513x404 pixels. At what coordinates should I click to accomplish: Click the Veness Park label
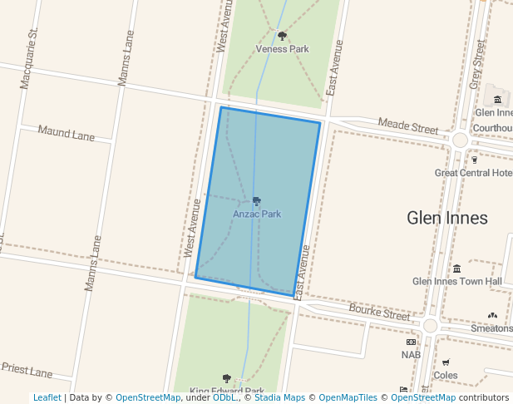[x=282, y=49]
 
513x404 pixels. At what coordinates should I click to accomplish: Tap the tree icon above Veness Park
[x=282, y=36]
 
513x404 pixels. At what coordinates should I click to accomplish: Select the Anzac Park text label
[x=257, y=214]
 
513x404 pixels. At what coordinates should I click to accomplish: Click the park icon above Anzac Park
[x=257, y=201]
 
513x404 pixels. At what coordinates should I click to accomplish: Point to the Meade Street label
[x=407, y=126]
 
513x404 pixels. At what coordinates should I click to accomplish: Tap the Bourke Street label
[x=379, y=313]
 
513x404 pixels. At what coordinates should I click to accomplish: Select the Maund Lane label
[x=67, y=133]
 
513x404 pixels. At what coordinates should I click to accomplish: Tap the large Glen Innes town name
[x=446, y=218]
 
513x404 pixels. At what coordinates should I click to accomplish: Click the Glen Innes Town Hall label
[x=457, y=281]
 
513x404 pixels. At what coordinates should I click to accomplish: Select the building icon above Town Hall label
[x=457, y=268]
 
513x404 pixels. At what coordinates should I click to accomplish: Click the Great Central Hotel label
[x=473, y=173]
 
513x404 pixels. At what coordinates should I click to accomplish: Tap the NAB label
[x=411, y=355]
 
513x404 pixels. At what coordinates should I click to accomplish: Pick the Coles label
[x=446, y=375]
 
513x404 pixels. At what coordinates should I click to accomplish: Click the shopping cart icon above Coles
[x=446, y=362]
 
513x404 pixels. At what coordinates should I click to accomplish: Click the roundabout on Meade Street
[x=460, y=140]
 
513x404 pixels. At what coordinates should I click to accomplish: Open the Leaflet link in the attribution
[x=47, y=397]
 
